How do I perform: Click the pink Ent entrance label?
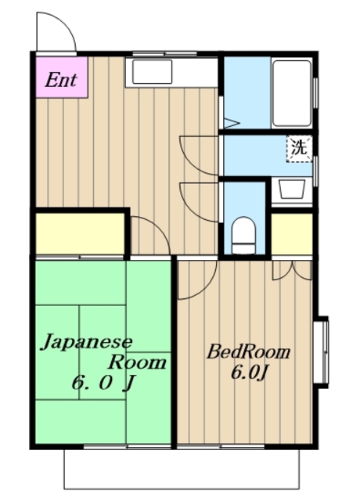(61, 77)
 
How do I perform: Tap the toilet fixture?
(243, 236)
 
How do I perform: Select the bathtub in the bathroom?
(292, 93)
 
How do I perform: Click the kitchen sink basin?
(153, 71)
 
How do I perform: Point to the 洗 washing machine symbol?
(299, 149)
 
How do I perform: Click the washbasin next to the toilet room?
(292, 189)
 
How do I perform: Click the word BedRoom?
(248, 351)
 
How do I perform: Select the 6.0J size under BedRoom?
(249, 373)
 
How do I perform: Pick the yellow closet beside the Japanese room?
(80, 233)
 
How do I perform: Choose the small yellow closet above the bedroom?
(292, 234)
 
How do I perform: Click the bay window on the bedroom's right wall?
(321, 351)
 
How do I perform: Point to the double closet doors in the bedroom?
(292, 270)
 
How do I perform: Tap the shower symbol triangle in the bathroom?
(232, 123)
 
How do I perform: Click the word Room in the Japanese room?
(138, 362)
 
